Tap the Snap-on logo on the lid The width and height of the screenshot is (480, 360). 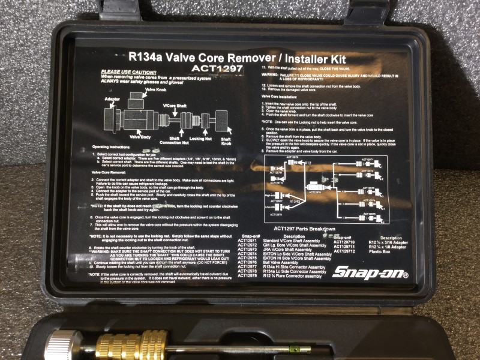pos(370,272)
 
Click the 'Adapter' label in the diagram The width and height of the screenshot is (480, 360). pos(112,97)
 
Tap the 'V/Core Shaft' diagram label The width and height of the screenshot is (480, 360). pos(176,106)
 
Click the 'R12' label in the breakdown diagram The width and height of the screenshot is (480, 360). pos(308,163)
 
